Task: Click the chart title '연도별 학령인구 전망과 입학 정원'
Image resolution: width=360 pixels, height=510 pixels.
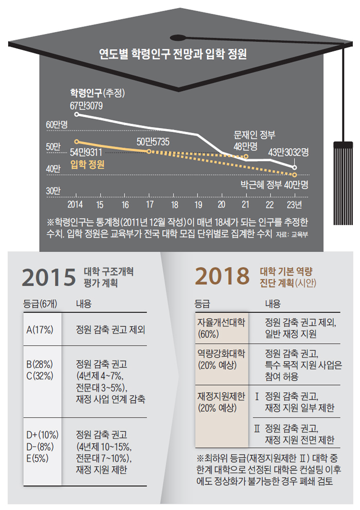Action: pos(173,54)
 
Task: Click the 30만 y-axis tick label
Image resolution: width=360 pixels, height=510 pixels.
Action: pos(53,191)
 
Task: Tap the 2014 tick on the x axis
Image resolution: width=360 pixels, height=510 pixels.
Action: pos(76,204)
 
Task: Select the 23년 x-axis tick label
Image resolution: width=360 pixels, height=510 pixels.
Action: pos(294,204)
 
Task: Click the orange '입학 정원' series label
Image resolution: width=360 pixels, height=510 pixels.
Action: pos(87,165)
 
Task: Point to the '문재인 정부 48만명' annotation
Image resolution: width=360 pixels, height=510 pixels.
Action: pos(255,140)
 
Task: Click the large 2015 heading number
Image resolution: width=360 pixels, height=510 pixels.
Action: pos(49,278)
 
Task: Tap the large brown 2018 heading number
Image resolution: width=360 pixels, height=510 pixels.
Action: pos(222,278)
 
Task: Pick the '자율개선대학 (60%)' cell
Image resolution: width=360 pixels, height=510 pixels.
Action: pos(221,328)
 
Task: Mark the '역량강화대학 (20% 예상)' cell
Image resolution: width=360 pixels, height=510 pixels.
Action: pos(221,359)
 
